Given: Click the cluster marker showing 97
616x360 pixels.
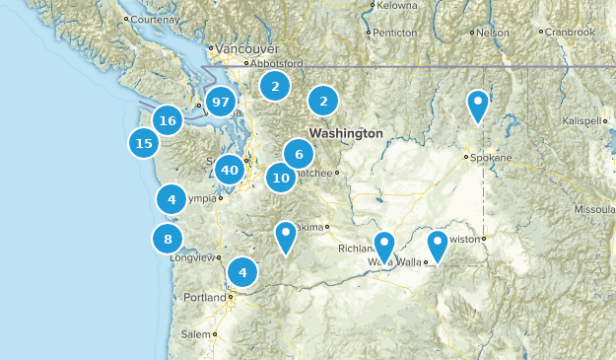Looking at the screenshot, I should pos(221,103).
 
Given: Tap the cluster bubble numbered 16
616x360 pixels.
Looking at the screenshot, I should pos(168,121).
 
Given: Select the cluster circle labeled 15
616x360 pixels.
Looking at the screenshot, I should pos(144,143).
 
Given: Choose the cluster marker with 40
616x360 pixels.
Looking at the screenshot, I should pos(230,170).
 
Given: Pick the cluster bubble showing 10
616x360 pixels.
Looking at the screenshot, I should pos(281,179).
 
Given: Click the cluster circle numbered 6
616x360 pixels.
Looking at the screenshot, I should pos(299,154).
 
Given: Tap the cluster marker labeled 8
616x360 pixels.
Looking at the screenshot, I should pos(168,239).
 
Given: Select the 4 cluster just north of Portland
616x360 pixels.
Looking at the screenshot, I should pos(241,271).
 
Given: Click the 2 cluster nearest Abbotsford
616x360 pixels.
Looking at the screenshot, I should pos(275,87).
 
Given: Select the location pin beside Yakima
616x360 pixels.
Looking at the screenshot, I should pos(286,236).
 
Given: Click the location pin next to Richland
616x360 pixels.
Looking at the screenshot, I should pos(384,246).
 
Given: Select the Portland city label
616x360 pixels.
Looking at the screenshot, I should pos(205,298).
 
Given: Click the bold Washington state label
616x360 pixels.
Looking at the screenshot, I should pos(345,132).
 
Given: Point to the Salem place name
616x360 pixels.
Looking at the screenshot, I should pos(196,334).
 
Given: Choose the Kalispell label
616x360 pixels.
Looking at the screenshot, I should pos(579,120).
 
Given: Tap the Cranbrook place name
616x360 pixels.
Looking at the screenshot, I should pos(571,33).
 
